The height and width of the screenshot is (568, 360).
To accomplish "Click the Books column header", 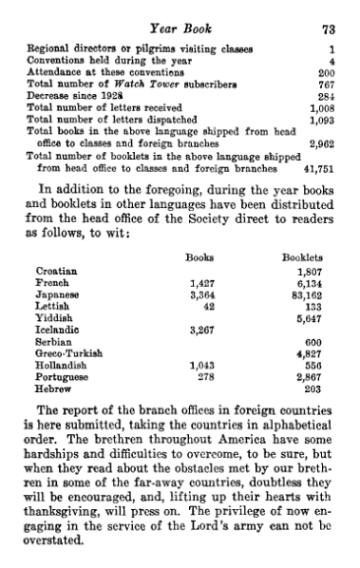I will (199, 256).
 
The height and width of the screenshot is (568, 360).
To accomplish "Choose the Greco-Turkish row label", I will (67, 352).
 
